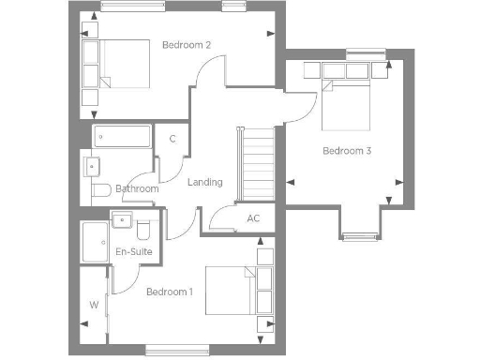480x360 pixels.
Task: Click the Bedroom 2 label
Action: [x=186, y=45]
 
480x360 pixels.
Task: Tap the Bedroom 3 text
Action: [x=347, y=150]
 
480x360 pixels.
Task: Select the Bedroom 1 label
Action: [x=170, y=292]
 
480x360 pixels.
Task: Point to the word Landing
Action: [x=204, y=182]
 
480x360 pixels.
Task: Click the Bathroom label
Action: [x=137, y=188]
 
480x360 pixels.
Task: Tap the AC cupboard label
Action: [x=253, y=218]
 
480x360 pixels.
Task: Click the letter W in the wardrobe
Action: [x=94, y=305]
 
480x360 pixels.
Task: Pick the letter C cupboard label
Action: [x=172, y=140]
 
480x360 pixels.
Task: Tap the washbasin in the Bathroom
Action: [x=91, y=167]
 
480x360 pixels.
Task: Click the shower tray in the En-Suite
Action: [x=95, y=243]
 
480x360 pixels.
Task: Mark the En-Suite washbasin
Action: [x=122, y=221]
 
